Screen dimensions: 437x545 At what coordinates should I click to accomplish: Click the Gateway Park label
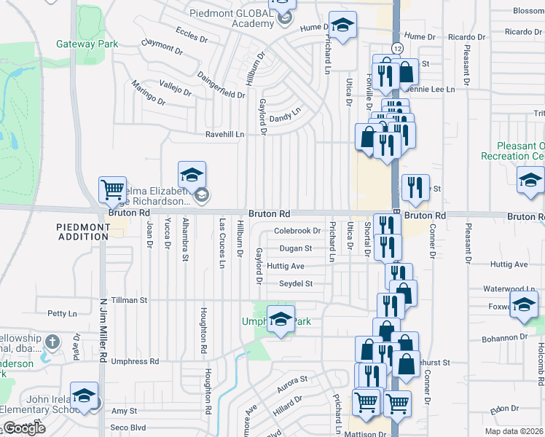87,44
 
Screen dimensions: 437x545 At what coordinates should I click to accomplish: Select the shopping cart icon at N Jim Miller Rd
113,191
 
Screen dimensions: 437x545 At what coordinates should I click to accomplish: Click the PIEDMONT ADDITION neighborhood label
84,232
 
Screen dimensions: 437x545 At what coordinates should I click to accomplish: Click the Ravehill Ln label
224,134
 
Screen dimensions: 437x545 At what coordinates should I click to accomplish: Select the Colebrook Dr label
297,231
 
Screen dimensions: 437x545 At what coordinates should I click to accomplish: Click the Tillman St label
128,299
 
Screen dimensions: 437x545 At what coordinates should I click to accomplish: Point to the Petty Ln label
62,314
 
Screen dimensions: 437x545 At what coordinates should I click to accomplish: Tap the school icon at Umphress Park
281,319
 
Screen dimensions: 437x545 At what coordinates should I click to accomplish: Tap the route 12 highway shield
396,47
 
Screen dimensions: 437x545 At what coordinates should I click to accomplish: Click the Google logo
23,428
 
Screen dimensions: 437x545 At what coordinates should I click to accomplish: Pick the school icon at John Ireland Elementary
85,396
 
